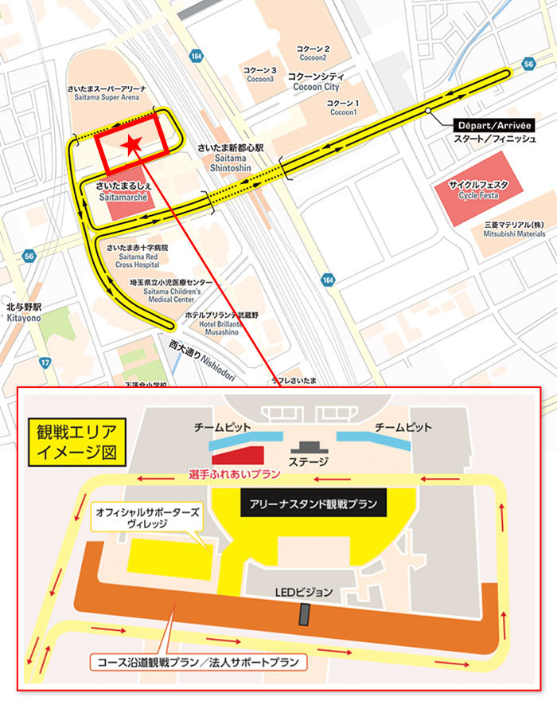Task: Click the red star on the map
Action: tap(132, 144)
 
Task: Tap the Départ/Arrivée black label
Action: tap(493, 125)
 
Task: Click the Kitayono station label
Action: tap(23, 311)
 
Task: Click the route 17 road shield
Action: tap(46, 362)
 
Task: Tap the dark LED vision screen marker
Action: tap(303, 614)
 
